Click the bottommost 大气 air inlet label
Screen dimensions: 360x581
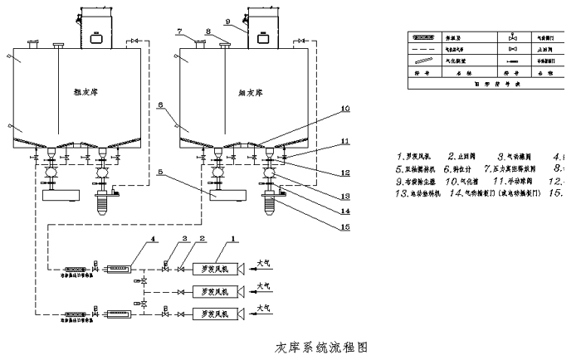click(x=267, y=309)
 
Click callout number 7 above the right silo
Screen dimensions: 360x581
click(x=178, y=32)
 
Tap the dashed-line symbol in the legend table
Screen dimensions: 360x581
click(x=425, y=50)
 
